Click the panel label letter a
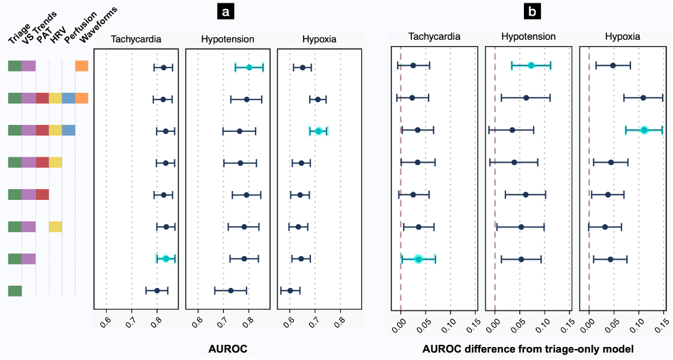tap(225, 12)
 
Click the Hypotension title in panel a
tap(227, 39)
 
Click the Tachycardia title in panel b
tap(434, 36)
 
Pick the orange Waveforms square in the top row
tap(82, 66)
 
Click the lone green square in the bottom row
tap(15, 291)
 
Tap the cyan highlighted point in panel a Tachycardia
tap(166, 258)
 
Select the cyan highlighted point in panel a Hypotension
tap(249, 67)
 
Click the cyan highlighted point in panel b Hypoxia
tap(643, 130)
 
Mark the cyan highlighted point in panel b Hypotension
tap(531, 65)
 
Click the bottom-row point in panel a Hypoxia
tap(290, 291)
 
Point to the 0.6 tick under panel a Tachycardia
tap(106, 319)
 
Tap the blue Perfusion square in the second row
tap(69, 98)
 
